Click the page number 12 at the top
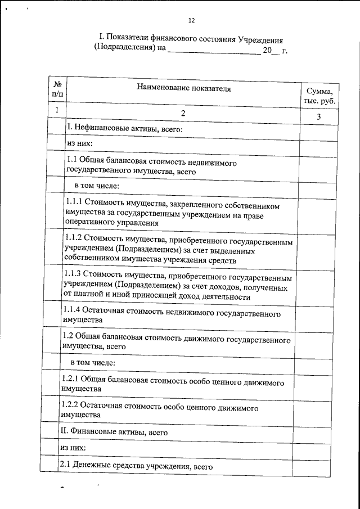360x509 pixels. (191, 21)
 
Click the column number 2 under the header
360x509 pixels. (183, 114)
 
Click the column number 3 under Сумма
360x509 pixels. (319, 116)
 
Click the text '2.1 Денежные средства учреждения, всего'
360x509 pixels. (135, 466)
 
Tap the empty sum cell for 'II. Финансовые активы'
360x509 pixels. (319, 431)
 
